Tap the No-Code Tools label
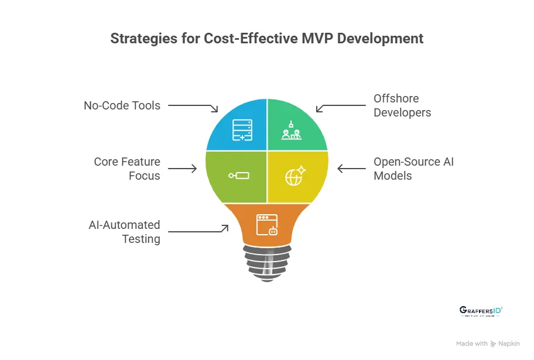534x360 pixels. click(122, 105)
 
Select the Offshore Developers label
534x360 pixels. click(402, 105)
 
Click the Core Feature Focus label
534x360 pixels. click(127, 169)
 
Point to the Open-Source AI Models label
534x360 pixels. click(413, 169)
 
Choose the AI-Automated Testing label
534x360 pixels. click(124, 232)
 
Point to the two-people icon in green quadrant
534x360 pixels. click(290, 129)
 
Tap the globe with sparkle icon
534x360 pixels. click(295, 175)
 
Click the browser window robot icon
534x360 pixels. click(267, 225)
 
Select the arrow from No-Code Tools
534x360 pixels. click(193, 107)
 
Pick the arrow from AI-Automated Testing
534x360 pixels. click(199, 231)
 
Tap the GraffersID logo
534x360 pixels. click(481, 311)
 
